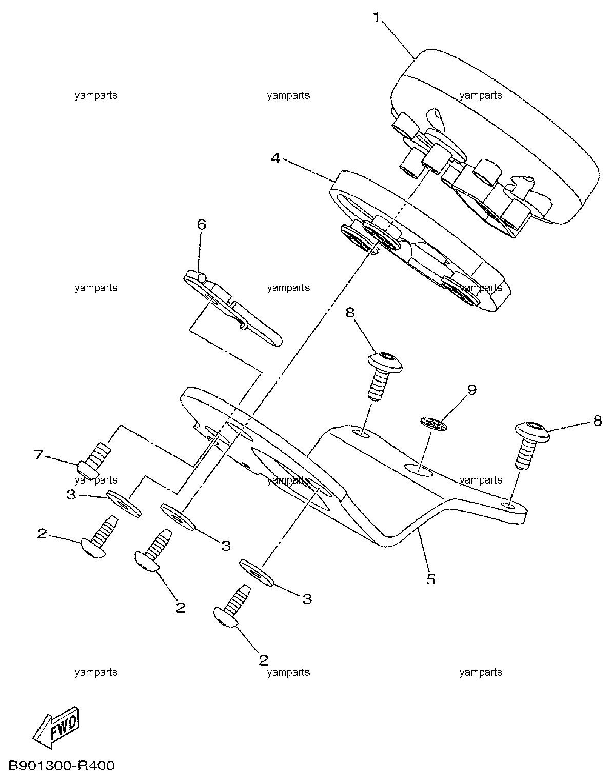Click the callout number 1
pos(377,17)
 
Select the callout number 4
pos(275,157)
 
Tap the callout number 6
pos(202,225)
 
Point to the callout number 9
pos(471,390)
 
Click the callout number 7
pos(39,455)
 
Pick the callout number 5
pos(431,579)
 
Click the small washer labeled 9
pos(435,424)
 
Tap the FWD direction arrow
pos(56,727)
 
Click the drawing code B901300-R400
pos(62,766)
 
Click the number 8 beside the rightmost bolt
pos(598,420)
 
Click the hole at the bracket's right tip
pos(510,506)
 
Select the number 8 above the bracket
pos(350,313)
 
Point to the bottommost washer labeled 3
pos(257,573)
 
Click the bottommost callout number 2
pos(264,659)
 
